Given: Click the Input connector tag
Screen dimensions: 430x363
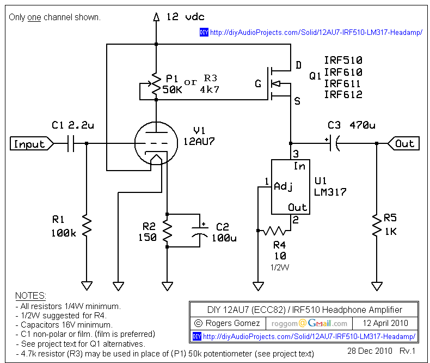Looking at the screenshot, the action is (x=32, y=143).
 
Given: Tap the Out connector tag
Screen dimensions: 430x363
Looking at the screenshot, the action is (x=403, y=143).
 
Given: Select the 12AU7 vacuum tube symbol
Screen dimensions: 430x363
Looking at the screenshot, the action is (x=156, y=143).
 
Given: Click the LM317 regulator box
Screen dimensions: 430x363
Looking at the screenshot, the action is (x=291, y=187).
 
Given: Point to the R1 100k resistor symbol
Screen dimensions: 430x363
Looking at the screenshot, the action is (x=87, y=226).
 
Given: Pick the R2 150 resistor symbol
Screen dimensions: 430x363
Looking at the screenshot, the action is (x=167, y=230).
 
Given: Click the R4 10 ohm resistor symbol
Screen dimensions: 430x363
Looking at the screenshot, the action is (x=274, y=231).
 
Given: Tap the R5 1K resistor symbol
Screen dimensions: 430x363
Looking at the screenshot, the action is (x=377, y=225).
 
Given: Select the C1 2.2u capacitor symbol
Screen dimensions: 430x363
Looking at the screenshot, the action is (x=71, y=143).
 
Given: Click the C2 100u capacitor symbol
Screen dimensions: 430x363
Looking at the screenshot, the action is (x=200, y=232).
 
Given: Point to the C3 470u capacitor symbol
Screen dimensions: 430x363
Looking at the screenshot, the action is (x=334, y=143).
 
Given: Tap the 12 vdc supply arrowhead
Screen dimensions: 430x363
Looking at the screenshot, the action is (x=156, y=17).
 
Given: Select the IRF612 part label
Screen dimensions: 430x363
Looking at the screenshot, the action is (x=343, y=94).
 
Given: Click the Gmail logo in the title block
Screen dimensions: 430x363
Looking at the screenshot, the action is (x=319, y=323).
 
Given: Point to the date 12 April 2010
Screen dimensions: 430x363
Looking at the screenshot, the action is (x=385, y=323).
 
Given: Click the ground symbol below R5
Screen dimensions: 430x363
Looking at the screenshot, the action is (x=377, y=286).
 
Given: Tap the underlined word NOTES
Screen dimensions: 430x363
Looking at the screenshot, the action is (x=30, y=295).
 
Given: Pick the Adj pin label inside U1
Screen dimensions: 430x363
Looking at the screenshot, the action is (x=283, y=186).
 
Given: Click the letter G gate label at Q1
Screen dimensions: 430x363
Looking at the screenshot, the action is (x=258, y=83).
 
